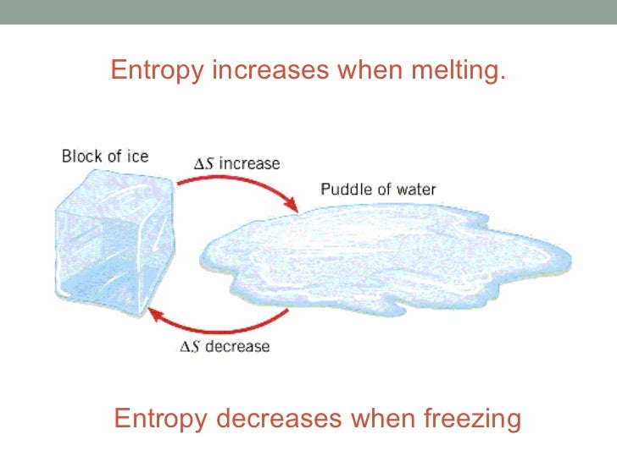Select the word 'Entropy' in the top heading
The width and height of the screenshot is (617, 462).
tap(158, 70)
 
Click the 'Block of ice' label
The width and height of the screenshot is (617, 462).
tap(105, 157)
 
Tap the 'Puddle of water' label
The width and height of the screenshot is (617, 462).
tap(378, 189)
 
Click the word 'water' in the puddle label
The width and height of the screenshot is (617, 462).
tap(414, 189)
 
